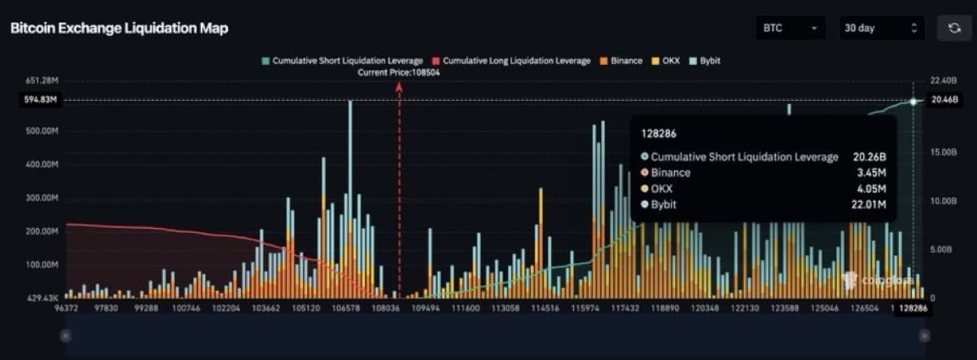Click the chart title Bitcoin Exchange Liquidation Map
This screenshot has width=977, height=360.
[119, 29]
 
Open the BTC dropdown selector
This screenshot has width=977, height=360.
[790, 29]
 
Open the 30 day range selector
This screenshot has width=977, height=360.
[881, 29]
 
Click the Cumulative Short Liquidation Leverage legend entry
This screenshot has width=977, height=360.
[342, 61]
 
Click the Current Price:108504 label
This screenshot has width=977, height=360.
[399, 72]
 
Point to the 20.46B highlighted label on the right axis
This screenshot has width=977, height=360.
[942, 100]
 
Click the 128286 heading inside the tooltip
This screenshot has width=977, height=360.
[658, 132]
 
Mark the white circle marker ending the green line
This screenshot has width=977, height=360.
[913, 101]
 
